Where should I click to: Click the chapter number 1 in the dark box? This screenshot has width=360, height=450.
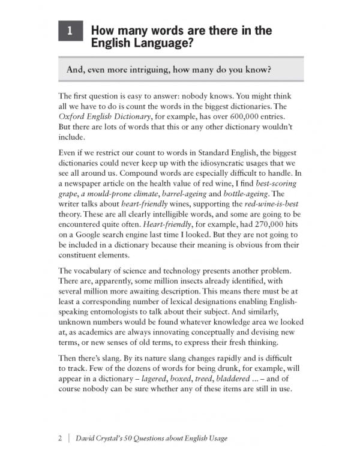(70, 32)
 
